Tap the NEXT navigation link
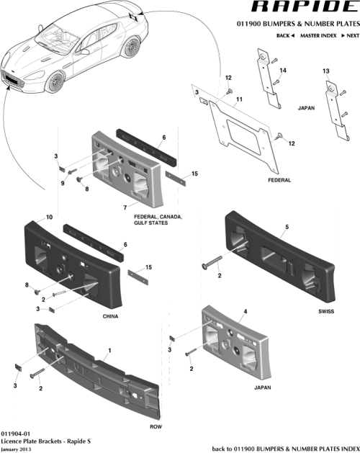coord(349,35)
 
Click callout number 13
coord(325,71)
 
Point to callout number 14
coord(283,70)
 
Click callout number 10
coord(50,217)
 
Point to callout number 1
coord(109,351)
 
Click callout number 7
coord(125,207)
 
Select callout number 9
coord(62,183)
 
